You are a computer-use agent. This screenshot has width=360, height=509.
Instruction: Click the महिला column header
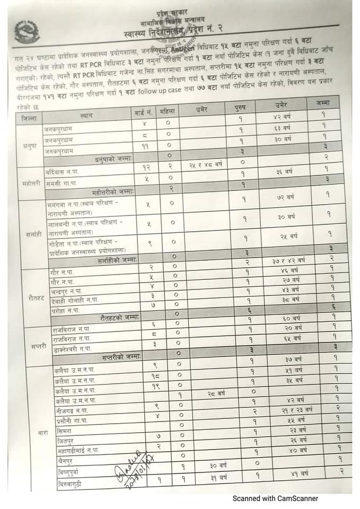click(x=169, y=111)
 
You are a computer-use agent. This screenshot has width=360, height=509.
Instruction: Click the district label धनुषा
click(x=29, y=143)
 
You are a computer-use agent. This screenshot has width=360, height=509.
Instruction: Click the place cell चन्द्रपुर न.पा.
click(x=69, y=291)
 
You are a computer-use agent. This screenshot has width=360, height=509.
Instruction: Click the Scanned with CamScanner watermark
click(x=276, y=498)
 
